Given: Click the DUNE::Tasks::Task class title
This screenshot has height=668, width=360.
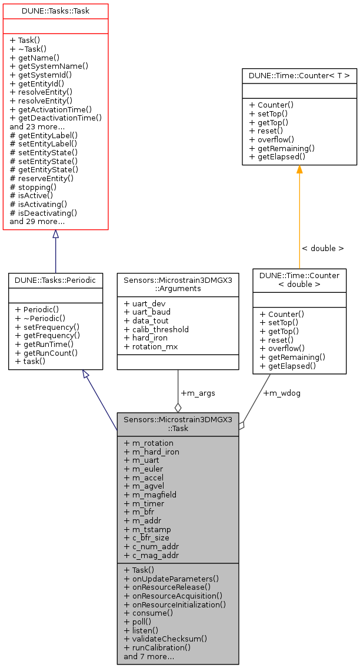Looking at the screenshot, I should coord(55,11).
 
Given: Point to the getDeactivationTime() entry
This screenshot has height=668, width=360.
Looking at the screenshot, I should coord(55,118).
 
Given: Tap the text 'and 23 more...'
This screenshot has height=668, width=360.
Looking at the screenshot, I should coord(37,126).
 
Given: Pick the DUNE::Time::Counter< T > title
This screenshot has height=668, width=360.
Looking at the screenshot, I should coord(299,75).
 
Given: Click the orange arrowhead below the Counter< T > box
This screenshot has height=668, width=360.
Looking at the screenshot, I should coord(299,169).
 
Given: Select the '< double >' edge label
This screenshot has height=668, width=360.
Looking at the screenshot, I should coord(322,248).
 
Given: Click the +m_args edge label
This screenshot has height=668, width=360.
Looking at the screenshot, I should coord(193,393).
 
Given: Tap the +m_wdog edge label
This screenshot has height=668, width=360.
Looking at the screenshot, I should coord(281,393).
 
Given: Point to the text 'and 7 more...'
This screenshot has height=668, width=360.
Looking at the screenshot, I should coord(148,656).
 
